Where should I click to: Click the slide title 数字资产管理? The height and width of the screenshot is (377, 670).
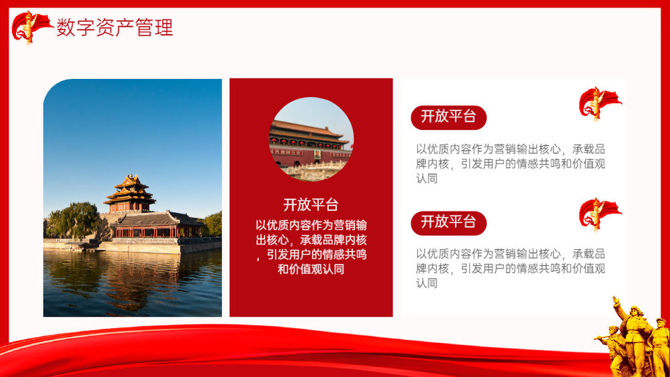click(x=115, y=27)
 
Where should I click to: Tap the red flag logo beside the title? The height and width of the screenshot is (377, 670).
click(x=31, y=27)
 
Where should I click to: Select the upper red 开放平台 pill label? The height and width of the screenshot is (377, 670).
click(x=448, y=117)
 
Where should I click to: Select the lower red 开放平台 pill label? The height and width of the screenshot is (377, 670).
click(x=448, y=223)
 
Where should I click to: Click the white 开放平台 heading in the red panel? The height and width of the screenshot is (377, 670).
click(x=311, y=204)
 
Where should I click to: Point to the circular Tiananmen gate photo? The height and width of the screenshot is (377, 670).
click(x=311, y=139)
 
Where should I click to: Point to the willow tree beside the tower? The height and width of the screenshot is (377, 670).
click(x=74, y=220)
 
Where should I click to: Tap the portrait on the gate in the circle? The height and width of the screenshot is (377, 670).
click(x=317, y=154)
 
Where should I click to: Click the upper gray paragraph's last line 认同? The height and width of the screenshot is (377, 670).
click(x=427, y=179)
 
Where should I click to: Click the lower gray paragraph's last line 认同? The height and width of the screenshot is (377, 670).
click(x=427, y=283)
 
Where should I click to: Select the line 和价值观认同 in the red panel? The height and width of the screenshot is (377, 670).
click(x=311, y=269)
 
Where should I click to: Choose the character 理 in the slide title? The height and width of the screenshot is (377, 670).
click(x=164, y=27)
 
